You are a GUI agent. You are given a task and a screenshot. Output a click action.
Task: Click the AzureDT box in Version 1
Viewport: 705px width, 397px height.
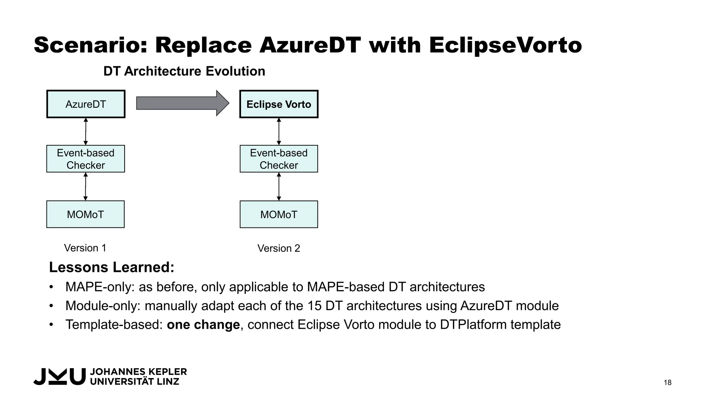coord(86,104)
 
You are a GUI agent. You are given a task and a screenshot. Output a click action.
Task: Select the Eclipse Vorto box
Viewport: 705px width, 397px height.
coord(279,104)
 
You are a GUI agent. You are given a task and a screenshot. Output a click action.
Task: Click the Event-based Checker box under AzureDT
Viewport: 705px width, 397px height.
coord(86,159)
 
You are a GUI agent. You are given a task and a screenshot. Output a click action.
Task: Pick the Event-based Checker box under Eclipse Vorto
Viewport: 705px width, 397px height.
coord(279,159)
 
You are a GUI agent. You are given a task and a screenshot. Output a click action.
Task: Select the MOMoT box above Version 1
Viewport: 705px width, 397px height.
coord(85,214)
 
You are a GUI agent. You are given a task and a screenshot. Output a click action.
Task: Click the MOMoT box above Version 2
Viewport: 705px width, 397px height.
coord(279,214)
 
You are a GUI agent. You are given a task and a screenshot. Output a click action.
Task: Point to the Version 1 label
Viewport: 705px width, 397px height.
coord(85,248)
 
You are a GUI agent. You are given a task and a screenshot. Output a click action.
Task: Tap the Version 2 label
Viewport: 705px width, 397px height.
coord(279,248)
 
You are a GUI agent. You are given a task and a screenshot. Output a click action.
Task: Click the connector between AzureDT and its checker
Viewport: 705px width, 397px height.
coord(86,131)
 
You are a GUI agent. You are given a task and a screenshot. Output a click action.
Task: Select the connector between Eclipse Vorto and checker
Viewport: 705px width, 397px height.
coord(279,131)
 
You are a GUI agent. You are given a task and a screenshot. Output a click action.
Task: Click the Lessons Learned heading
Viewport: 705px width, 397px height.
coord(112,267)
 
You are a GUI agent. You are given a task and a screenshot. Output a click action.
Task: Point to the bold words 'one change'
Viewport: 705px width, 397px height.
coord(203,325)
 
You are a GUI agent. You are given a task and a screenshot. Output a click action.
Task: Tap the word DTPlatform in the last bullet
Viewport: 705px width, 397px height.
coord(473,325)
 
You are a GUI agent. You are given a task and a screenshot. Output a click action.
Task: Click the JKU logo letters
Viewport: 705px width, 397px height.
coord(59,376)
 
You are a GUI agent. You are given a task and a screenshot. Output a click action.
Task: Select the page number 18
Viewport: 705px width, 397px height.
coord(667,383)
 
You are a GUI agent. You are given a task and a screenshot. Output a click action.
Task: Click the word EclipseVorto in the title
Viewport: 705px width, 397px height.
coord(505,45)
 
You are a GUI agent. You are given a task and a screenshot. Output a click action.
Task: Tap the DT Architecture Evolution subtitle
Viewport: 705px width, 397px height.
coord(184,71)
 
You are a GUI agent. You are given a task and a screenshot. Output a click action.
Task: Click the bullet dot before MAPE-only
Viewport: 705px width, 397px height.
coord(51,287)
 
